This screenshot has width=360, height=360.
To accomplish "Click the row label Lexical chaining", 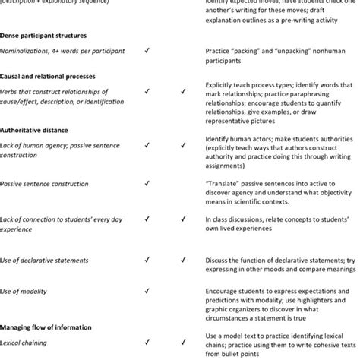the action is [x=22, y=343].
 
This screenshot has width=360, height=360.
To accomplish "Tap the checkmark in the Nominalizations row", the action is [x=146, y=50].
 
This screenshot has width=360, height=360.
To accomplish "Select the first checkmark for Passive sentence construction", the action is [x=146, y=182].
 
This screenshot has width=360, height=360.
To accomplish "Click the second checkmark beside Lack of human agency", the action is [x=183, y=144].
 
